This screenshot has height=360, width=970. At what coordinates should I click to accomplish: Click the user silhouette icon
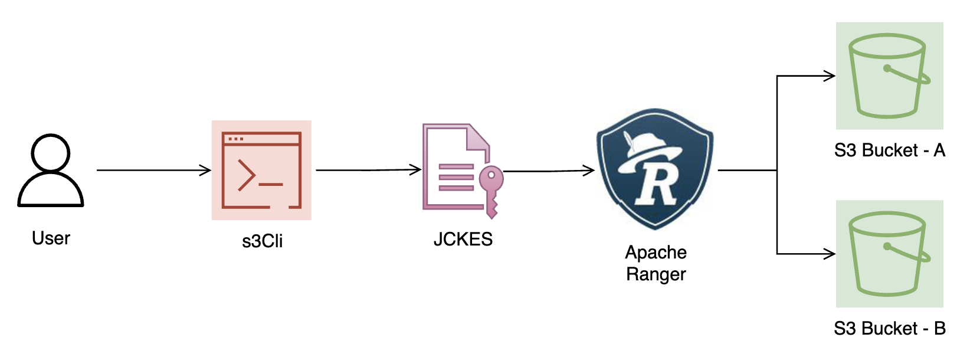(x=51, y=170)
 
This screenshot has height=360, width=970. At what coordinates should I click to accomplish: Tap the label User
(x=51, y=238)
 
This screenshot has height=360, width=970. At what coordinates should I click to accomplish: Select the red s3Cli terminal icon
(x=261, y=170)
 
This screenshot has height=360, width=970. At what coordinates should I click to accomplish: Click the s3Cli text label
(x=263, y=241)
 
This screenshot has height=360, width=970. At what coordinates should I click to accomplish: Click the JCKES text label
(x=463, y=239)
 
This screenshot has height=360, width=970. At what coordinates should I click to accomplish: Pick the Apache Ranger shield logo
(x=655, y=169)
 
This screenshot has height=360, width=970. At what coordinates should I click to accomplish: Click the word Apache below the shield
(x=656, y=253)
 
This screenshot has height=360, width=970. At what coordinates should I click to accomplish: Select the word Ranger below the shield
(x=656, y=274)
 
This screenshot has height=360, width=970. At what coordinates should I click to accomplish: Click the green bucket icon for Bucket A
(x=889, y=76)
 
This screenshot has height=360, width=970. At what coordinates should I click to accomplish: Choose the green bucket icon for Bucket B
(x=889, y=254)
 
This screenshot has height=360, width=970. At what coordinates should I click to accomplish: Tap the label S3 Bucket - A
(x=889, y=150)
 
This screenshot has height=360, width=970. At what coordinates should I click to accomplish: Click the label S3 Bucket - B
(x=889, y=328)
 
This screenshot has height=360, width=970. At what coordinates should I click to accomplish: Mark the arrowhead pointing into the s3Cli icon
(x=206, y=170)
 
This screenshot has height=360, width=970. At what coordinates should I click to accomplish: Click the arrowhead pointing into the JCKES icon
(x=416, y=170)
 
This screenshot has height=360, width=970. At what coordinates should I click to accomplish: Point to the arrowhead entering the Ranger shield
(x=589, y=170)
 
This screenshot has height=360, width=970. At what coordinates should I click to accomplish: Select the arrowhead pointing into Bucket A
(x=829, y=76)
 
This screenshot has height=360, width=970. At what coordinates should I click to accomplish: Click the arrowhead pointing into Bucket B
(x=829, y=254)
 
